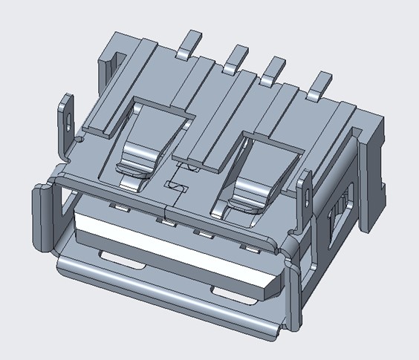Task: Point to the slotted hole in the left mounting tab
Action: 69,117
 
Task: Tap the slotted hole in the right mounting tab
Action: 306,194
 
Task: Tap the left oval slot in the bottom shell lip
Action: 120,260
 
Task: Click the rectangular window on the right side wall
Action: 338,215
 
